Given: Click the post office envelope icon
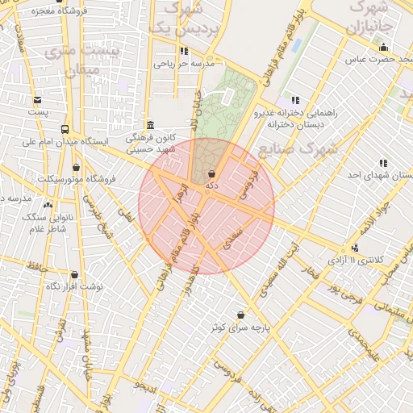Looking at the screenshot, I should point(37,99).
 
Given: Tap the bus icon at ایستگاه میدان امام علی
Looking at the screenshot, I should point(65,129).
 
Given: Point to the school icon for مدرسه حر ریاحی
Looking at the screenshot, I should point(185,51).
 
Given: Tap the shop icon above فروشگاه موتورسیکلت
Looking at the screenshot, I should point(77,167).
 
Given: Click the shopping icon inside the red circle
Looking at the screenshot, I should point(211,173).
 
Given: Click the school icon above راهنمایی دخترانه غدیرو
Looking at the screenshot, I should point(295,100).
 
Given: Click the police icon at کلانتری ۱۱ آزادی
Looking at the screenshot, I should point(354,248).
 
